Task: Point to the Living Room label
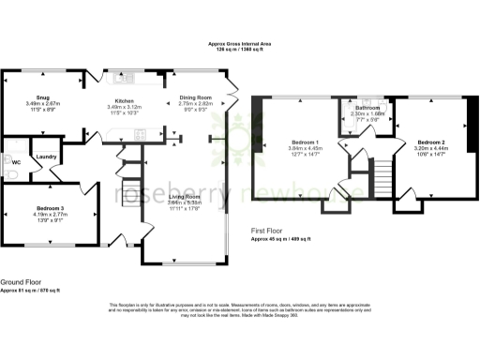185,196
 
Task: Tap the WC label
15,161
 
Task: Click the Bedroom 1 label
304,142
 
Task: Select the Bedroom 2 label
431,142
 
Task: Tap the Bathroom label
367,108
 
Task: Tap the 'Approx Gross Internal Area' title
239,44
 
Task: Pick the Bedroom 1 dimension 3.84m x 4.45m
304,148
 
